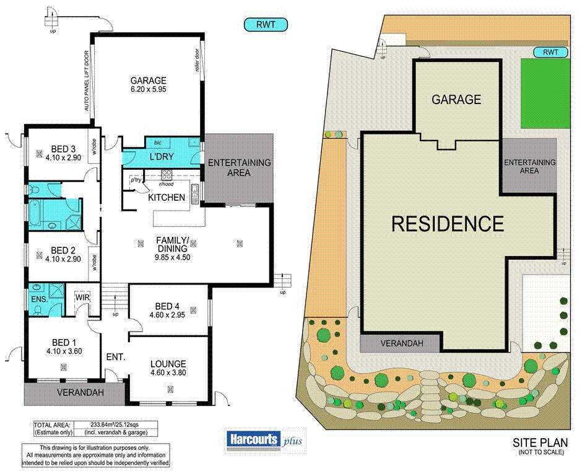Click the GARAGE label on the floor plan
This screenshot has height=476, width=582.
tap(148, 80)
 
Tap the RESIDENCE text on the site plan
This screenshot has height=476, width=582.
tap(447, 223)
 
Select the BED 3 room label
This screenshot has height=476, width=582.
tap(64, 149)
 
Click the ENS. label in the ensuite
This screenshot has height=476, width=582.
tap(38, 299)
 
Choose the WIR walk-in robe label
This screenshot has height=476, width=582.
tap(83, 298)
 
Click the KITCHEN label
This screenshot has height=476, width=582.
tap(166, 198)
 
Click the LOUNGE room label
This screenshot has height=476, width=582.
tap(168, 364)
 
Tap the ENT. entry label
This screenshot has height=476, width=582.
tap(116, 357)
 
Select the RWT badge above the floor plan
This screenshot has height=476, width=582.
tap(264, 25)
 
